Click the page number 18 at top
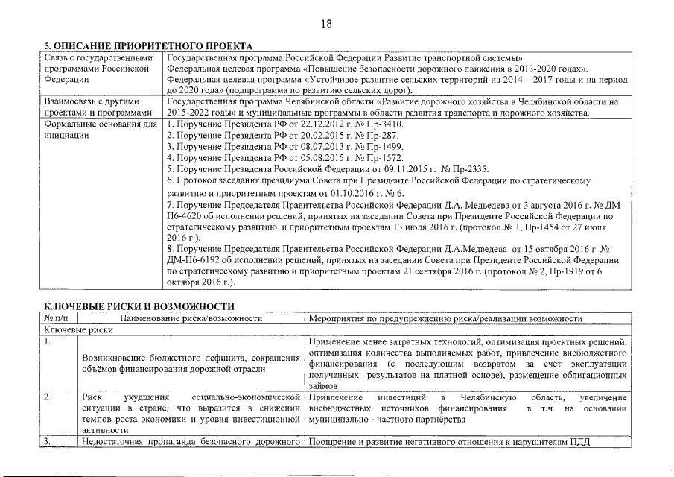click(325, 24)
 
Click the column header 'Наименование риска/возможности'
click(191, 318)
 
